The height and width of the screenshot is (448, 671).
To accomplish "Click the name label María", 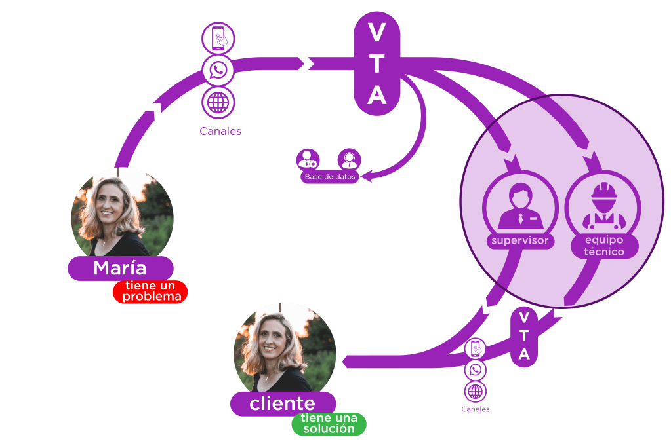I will (x=120, y=268).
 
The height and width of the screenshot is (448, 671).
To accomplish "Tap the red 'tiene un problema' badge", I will (x=150, y=291).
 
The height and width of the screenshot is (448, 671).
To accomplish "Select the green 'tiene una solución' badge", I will (x=329, y=424).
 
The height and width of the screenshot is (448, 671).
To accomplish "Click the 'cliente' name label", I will (x=283, y=403).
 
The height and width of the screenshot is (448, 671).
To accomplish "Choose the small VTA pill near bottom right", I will (x=524, y=336).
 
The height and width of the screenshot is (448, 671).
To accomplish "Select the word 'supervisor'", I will (x=519, y=240).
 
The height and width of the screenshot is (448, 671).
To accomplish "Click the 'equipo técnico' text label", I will (x=603, y=246).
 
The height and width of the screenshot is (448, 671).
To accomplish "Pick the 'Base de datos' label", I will (x=330, y=177).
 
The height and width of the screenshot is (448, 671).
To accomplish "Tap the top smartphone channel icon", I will (x=218, y=38).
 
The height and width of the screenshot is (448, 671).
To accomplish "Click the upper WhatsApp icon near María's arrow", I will (x=218, y=70).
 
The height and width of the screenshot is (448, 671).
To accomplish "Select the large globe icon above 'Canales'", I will (x=218, y=102).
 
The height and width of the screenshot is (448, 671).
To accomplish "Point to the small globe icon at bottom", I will (x=476, y=391).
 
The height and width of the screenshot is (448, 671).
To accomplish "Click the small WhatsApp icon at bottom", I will (x=476, y=370).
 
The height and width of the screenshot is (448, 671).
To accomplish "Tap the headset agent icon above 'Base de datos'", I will (x=349, y=159).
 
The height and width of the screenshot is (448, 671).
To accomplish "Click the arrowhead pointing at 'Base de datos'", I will (x=368, y=176).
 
